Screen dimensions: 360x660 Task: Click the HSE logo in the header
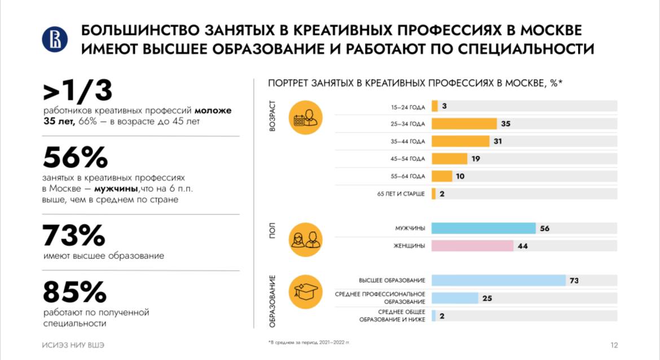[x=55, y=39]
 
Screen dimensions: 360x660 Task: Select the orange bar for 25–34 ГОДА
[x=464, y=124]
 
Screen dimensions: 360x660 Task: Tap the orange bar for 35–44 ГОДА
[x=460, y=141]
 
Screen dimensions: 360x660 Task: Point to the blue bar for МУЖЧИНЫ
[x=483, y=229]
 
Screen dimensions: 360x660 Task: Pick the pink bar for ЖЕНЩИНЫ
[x=472, y=246]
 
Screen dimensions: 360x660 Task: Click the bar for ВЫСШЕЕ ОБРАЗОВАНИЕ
[x=498, y=280]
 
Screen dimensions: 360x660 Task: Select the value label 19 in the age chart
[x=476, y=159]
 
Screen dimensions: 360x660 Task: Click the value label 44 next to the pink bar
[x=522, y=246]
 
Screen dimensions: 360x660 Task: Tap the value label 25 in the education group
[x=487, y=298]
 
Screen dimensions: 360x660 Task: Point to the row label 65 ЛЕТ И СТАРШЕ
[x=401, y=194]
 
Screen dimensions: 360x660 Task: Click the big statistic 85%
[x=74, y=292]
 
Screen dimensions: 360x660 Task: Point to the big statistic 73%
[x=74, y=236]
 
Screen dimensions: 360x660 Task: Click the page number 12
[x=614, y=345]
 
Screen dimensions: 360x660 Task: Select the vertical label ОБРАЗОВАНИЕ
[x=272, y=301]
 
